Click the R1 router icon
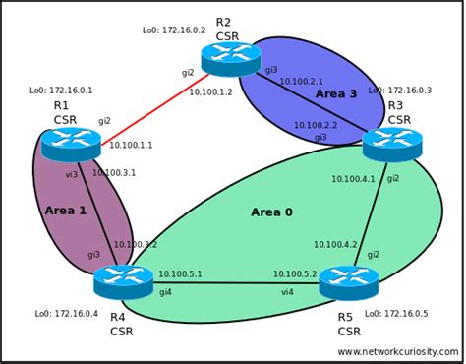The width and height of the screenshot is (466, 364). pos(71,146)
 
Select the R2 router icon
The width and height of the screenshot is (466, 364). pos(232,58)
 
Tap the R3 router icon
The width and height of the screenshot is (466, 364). pos(392,144)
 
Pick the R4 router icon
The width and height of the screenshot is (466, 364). pos(124,283)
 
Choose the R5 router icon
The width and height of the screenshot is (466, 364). pos(349,282)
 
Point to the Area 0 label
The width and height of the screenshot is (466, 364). pos(271,212)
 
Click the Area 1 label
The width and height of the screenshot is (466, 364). pos(65,211)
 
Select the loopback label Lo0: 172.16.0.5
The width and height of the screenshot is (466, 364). pos(396,314)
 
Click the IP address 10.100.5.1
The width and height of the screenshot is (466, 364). pos(180,274)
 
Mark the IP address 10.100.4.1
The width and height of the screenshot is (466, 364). pos(352,179)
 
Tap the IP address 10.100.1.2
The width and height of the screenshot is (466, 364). pos(210,92)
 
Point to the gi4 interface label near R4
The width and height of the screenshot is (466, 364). pos(165,292)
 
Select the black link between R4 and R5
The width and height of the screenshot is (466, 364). pos(236,283)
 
